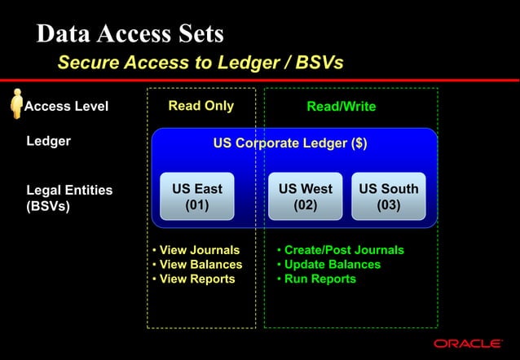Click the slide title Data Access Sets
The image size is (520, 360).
pos(130,34)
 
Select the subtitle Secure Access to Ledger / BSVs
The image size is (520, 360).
pos(201,63)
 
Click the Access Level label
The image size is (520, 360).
pos(67,107)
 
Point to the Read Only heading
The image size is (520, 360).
pos(201,106)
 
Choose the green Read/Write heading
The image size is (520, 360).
pos(341,107)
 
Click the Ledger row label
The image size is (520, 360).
pos(49,141)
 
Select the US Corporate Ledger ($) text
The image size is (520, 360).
pos(289,144)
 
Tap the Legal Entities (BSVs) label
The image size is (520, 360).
pos(68,198)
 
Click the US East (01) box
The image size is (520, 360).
pos(197,196)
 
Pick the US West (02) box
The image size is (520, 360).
pos(306,196)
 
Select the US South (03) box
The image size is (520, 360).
pos(389,196)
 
